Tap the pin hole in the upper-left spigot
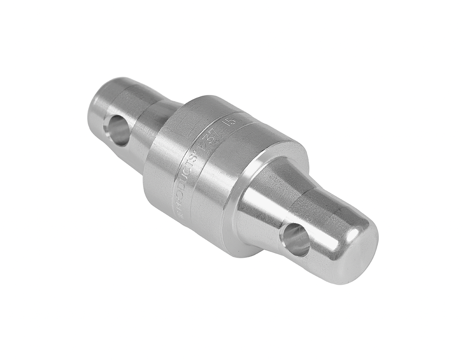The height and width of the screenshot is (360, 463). tap(117, 130)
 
